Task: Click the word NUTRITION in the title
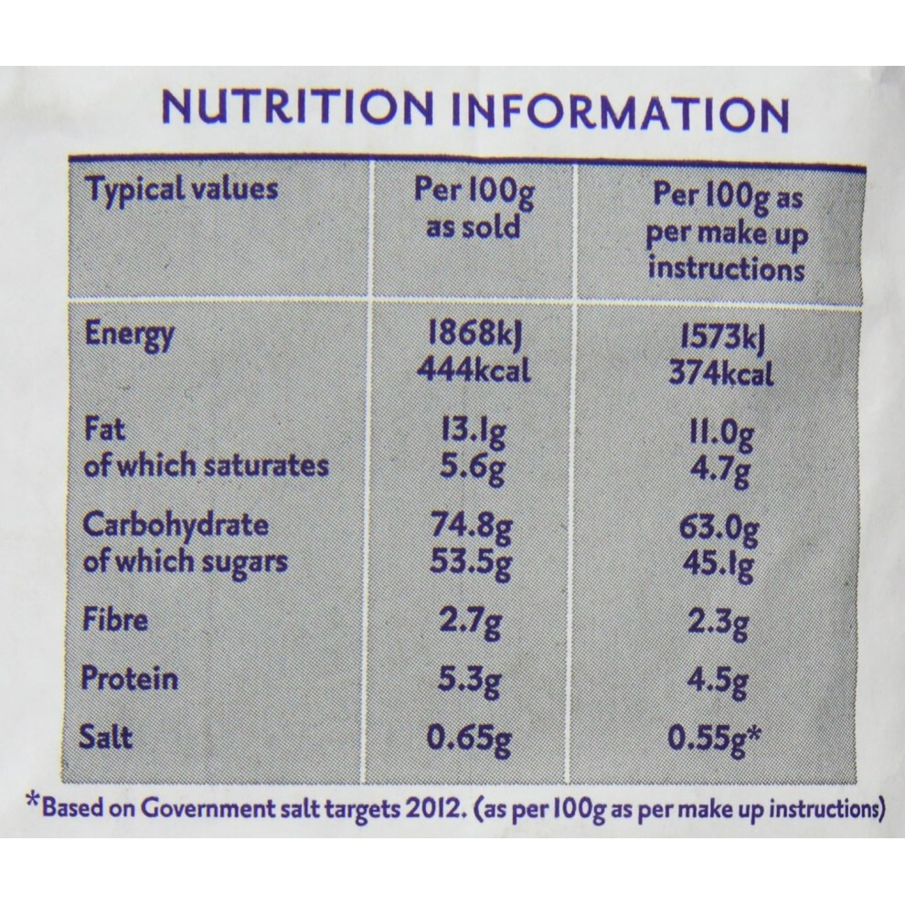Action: [297, 107]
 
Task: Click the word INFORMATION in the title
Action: [619, 112]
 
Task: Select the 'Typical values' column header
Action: [181, 190]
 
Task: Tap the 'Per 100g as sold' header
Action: [474, 208]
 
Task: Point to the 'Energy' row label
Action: [129, 335]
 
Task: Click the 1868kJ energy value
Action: [474, 335]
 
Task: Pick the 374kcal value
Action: [720, 374]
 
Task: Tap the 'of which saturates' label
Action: [206, 465]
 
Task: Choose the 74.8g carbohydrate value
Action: [472, 527]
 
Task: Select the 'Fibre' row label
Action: [115, 620]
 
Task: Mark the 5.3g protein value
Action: [469, 681]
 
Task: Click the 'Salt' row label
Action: [106, 737]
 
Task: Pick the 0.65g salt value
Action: [469, 740]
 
